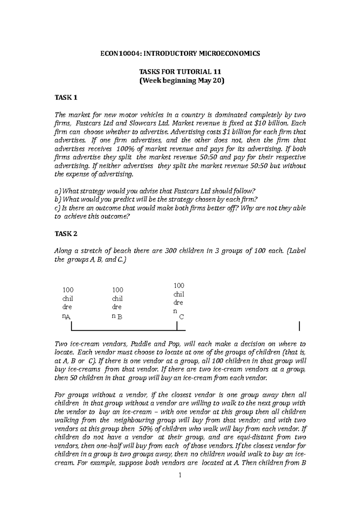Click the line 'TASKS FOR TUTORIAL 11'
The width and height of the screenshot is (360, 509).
(x=180, y=72)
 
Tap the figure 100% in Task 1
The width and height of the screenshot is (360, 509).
(x=124, y=149)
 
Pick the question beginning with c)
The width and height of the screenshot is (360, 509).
(x=180, y=208)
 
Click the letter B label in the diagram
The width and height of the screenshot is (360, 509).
(x=120, y=317)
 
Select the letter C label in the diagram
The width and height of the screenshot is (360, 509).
(x=181, y=317)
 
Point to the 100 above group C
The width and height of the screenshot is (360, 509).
(x=179, y=285)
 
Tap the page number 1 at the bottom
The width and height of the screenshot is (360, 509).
(x=180, y=484)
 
